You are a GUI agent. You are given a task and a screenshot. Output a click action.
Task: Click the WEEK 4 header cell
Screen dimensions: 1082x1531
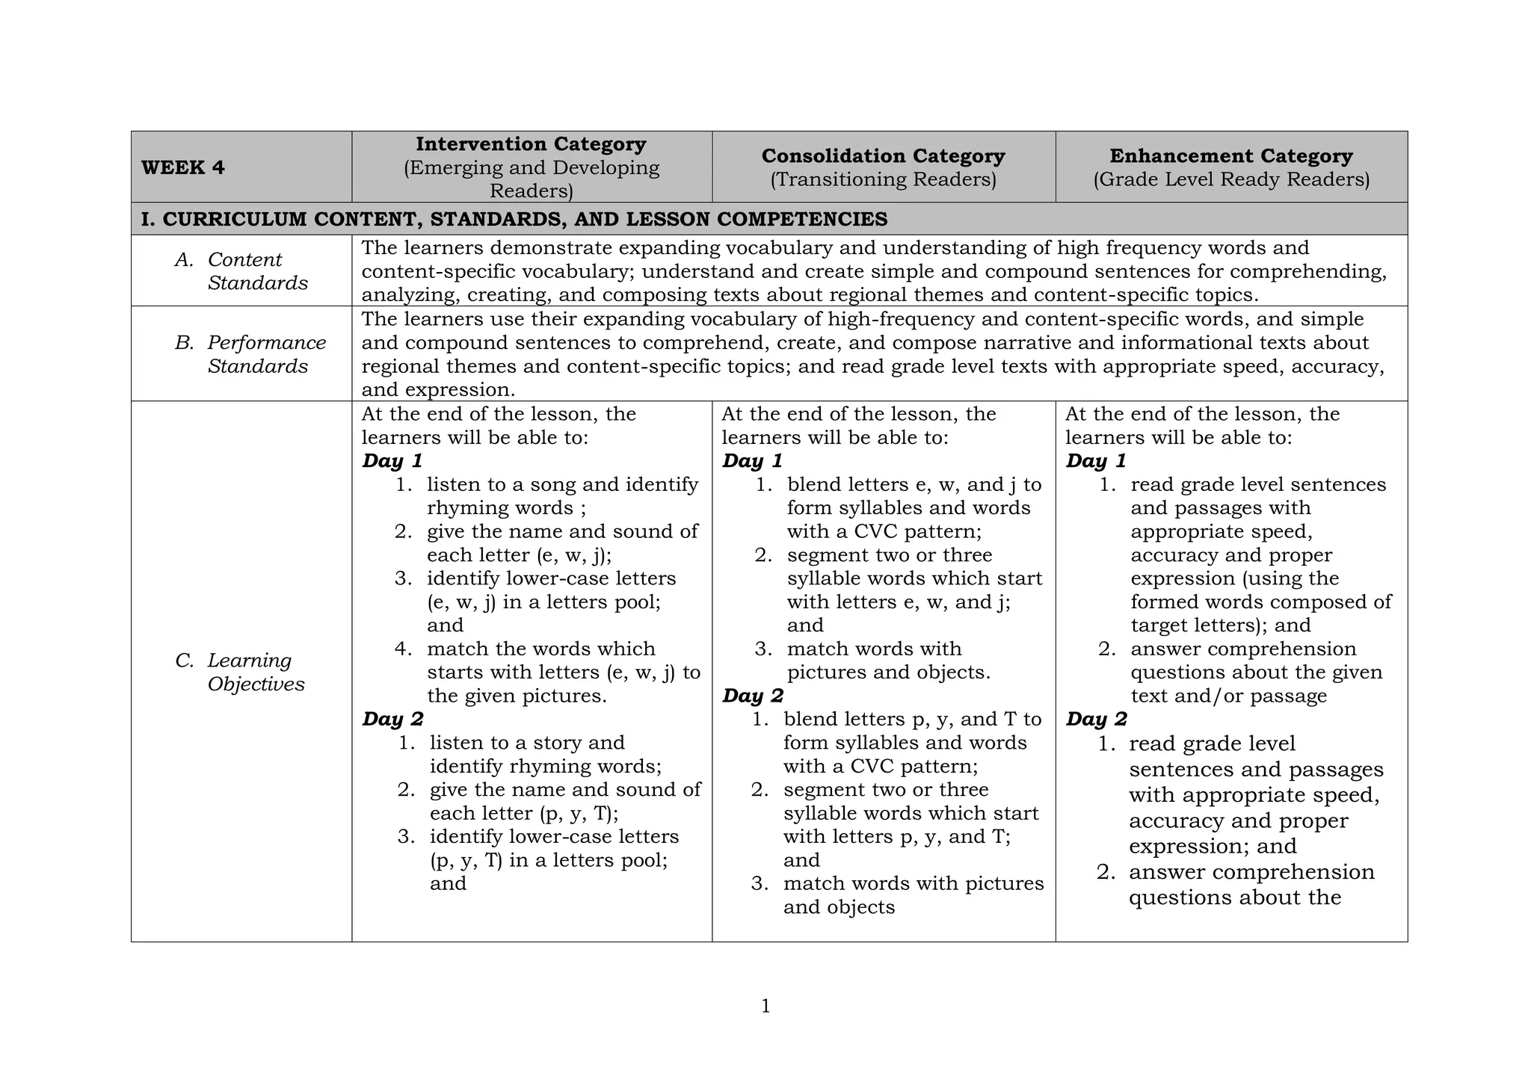[x=182, y=167]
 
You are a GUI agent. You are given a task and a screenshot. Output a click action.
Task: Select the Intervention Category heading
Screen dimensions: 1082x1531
[x=531, y=144]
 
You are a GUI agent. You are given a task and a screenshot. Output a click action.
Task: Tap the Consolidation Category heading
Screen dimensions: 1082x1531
[x=883, y=156]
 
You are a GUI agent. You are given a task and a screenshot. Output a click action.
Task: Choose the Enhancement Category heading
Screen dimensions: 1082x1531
[x=1230, y=156]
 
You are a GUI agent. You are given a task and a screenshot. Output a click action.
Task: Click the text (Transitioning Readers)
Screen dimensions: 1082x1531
[x=883, y=179]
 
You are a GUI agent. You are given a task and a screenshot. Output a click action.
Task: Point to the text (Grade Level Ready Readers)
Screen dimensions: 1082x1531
[x=1230, y=179]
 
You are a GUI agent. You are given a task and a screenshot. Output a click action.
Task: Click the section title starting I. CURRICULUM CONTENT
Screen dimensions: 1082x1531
[x=514, y=219]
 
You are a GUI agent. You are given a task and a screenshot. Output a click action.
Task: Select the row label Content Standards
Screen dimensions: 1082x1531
[x=256, y=271]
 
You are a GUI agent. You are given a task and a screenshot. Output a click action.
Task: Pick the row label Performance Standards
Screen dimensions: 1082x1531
[x=265, y=354]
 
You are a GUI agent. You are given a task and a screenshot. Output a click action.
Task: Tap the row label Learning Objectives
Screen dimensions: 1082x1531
[x=255, y=672]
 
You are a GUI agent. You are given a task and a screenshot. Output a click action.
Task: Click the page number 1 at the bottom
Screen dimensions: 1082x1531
[x=765, y=1007]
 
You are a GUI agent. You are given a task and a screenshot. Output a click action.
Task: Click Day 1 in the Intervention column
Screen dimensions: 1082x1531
[x=392, y=461]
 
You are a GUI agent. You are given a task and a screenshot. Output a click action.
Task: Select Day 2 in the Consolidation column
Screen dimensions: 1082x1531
[x=753, y=696]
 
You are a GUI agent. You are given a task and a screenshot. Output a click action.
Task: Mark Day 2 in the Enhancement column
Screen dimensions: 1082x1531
[x=1096, y=719]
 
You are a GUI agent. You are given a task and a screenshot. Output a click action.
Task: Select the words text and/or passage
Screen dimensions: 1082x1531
[x=1228, y=696]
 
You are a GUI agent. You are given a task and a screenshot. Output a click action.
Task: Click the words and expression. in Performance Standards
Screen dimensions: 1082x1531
[x=438, y=390]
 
